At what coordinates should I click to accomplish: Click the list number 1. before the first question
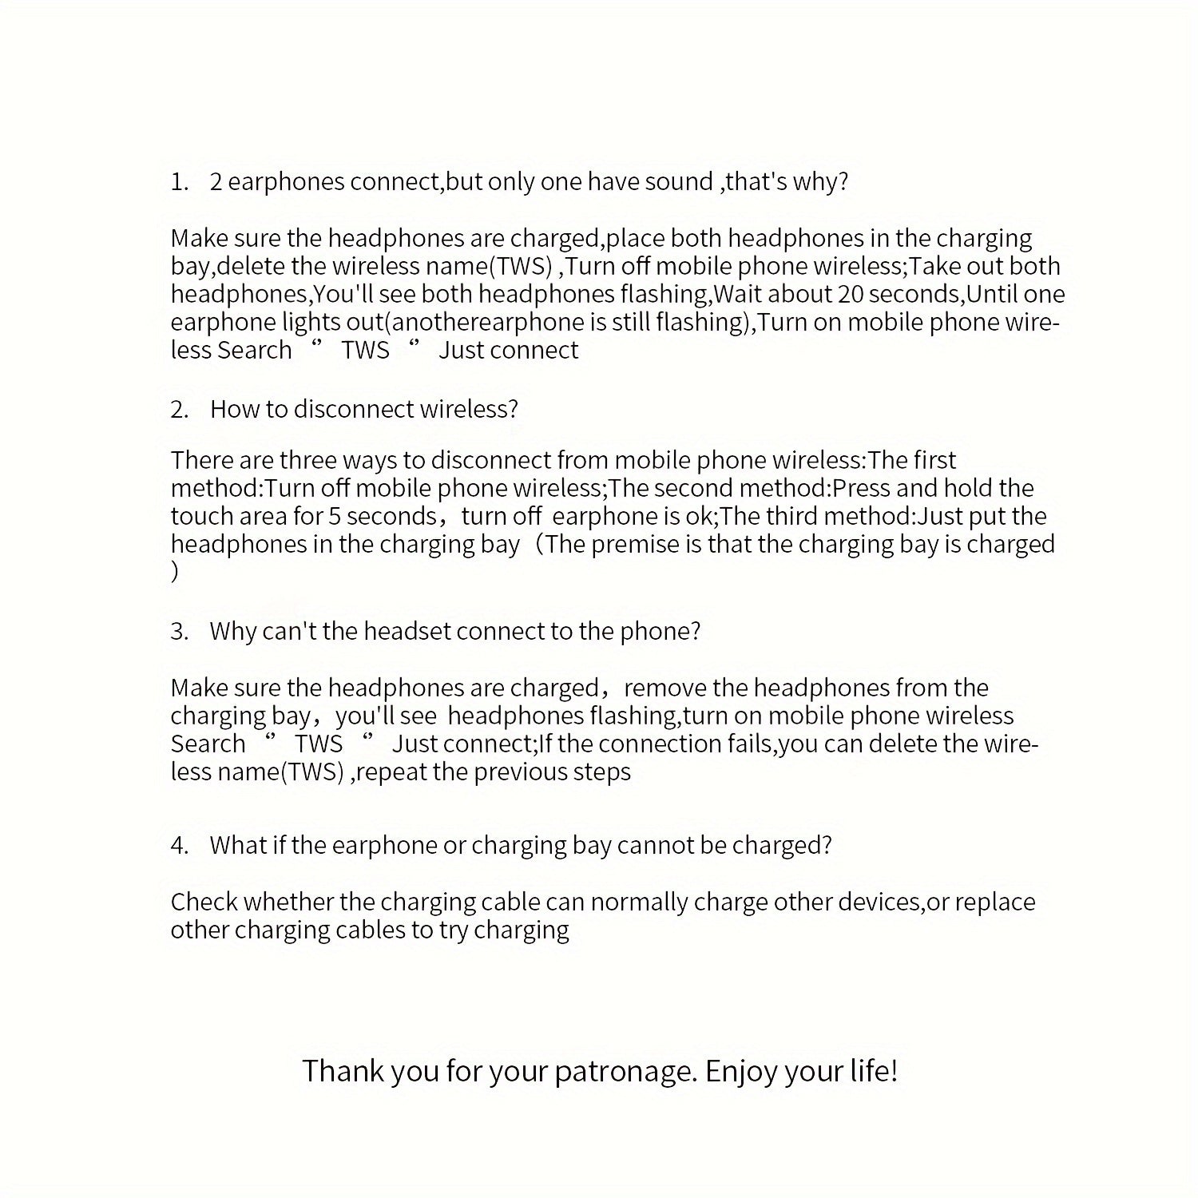[x=179, y=183]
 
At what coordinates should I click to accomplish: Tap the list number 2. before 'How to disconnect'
[x=179, y=410]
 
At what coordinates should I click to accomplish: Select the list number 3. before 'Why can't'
[x=179, y=632]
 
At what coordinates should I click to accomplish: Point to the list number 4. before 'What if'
[x=179, y=846]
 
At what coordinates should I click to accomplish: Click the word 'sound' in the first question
[x=678, y=183]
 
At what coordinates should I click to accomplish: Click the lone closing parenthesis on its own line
[x=175, y=573]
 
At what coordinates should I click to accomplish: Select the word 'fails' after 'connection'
[x=752, y=744]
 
